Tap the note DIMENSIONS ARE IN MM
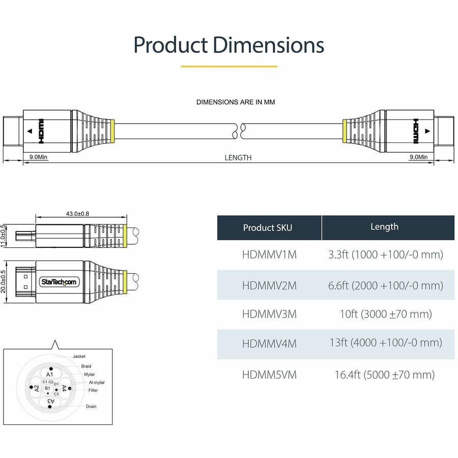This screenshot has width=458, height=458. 236,102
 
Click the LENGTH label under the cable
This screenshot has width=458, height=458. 238,158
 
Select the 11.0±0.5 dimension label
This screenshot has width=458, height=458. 4,236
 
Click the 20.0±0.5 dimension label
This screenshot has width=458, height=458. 4,281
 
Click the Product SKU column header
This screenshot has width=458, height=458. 268,227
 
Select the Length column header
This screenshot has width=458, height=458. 384,227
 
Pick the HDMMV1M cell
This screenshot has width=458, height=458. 269,254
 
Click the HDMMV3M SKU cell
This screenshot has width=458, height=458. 269,314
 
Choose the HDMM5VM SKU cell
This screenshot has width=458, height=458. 269,375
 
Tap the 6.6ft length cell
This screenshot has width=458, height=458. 385,285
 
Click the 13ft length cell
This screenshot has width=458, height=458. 385,342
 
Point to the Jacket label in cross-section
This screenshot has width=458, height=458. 79,356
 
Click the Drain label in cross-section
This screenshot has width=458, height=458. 91,407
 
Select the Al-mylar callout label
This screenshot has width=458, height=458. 97,382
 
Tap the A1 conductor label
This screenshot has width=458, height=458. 50,374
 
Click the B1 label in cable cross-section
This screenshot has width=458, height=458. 47,388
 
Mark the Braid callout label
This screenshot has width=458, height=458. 86,366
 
